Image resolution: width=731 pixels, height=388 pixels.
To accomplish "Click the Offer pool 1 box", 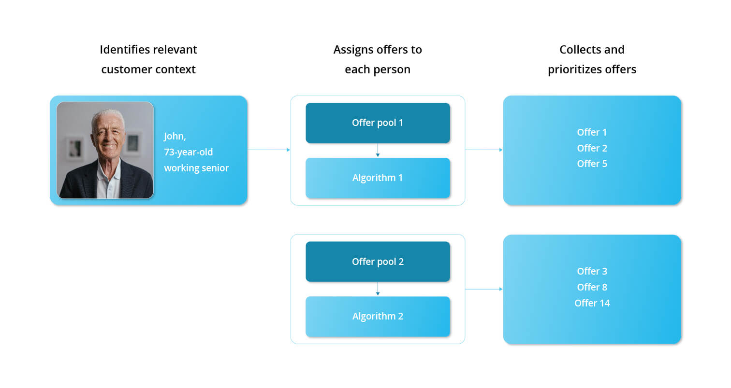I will click(378, 123).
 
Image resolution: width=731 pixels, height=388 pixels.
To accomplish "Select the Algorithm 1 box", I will click(378, 178).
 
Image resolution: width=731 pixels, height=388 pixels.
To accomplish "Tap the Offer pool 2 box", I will click(378, 262).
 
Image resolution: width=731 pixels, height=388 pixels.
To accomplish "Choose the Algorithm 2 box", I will click(378, 316).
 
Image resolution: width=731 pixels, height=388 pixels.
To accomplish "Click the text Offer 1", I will click(592, 132).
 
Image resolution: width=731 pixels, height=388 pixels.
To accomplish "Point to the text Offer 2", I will click(592, 148).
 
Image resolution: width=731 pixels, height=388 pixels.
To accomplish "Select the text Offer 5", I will click(592, 164).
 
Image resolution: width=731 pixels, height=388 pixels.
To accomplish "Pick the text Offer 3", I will click(592, 271).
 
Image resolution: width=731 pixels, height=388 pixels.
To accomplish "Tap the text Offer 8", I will click(592, 287).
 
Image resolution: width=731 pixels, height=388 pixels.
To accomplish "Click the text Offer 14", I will click(592, 303).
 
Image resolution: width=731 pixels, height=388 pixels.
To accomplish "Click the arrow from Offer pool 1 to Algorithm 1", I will click(378, 150).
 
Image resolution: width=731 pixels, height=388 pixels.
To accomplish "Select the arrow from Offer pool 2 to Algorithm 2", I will click(378, 289).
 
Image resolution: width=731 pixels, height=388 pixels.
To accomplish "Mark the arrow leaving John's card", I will click(269, 150).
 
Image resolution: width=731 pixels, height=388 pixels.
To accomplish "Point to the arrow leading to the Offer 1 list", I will click(483, 150).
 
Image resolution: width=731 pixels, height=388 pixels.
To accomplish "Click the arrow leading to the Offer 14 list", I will click(483, 289).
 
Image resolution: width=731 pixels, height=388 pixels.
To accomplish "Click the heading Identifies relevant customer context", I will click(148, 59).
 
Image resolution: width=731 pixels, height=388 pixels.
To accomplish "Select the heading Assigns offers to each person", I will click(378, 59).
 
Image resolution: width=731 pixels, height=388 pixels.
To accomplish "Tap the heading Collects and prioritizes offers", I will click(592, 59).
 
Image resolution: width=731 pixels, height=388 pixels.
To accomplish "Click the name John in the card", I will click(175, 136).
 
